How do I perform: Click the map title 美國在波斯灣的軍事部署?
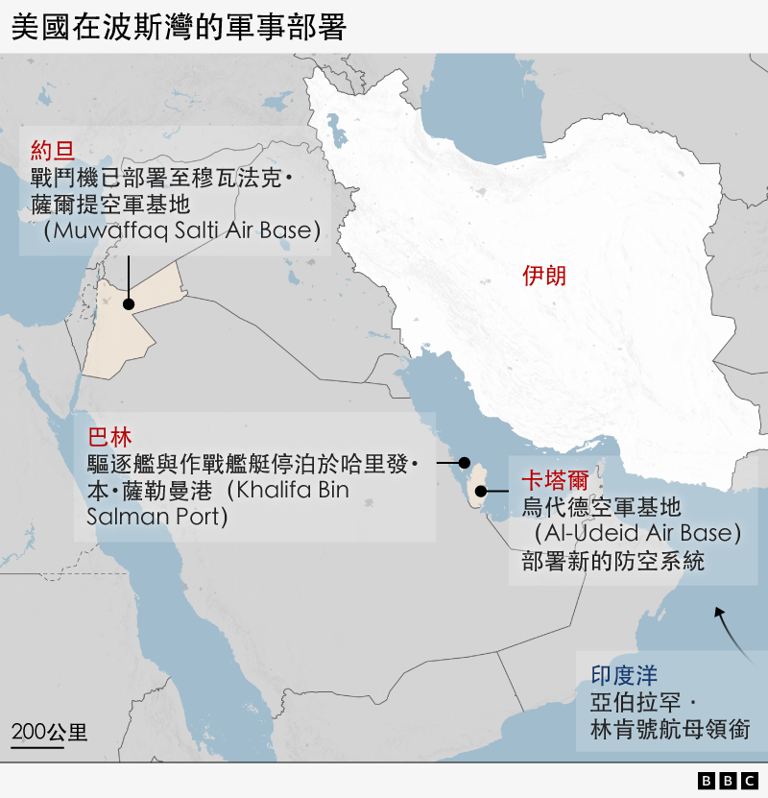(x=178, y=26)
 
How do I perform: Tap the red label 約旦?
(x=52, y=150)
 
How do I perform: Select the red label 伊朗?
(x=544, y=277)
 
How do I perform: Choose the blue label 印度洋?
(x=623, y=675)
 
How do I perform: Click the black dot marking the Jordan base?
(x=128, y=303)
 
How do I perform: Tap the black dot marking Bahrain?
(x=465, y=462)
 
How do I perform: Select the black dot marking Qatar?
(x=480, y=492)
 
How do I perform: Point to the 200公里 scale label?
(x=49, y=732)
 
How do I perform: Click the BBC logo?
(x=729, y=781)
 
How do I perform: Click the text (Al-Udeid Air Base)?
(x=637, y=533)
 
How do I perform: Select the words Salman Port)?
(x=156, y=518)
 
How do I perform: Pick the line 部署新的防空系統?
(x=612, y=561)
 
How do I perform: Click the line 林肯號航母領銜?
(x=670, y=730)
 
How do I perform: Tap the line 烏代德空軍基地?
(x=601, y=506)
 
